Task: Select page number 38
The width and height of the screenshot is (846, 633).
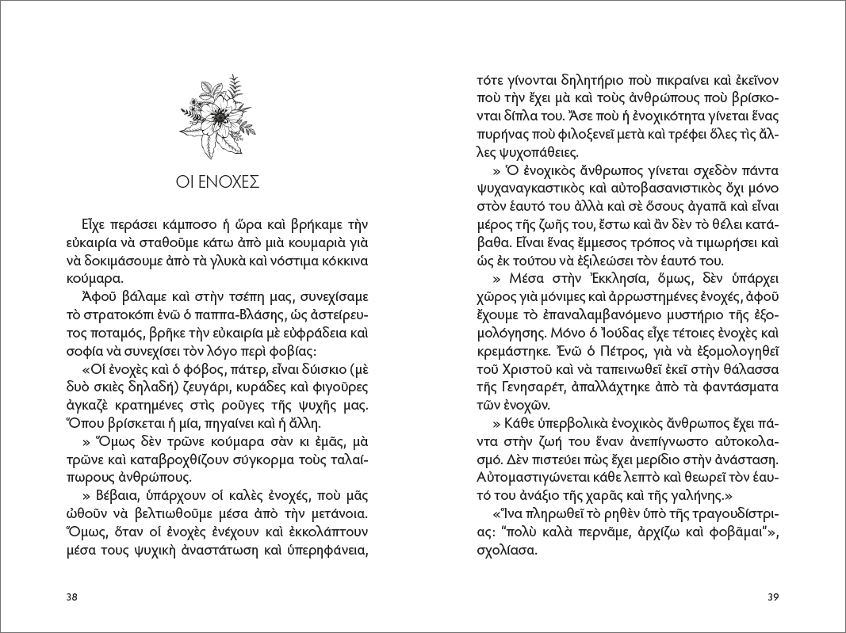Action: tap(72, 597)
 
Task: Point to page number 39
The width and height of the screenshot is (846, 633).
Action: tap(775, 597)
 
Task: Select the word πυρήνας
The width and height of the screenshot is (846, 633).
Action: tap(501, 135)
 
